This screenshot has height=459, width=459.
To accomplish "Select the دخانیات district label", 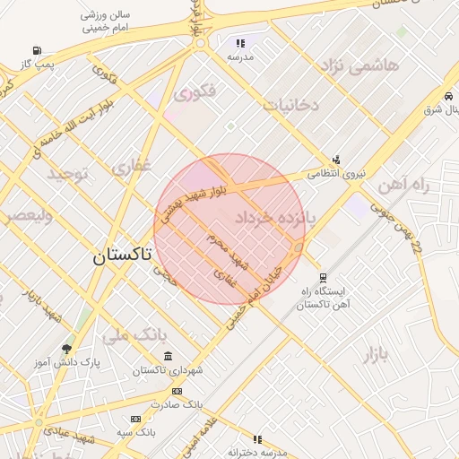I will pyautogui.click(x=290, y=105).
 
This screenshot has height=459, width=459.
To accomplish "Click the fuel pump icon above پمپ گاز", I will pyautogui.click(x=36, y=50).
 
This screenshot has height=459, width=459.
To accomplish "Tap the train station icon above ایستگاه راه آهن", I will pyautogui.click(x=323, y=278).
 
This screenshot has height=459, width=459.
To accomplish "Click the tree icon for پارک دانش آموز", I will pyautogui.click(x=67, y=348).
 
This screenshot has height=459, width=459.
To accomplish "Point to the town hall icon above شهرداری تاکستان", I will pyautogui.click(x=169, y=357).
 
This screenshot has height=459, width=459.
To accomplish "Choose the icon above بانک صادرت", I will pyautogui.click(x=177, y=391).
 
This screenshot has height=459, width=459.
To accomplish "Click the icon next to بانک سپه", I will pyautogui.click(x=135, y=419).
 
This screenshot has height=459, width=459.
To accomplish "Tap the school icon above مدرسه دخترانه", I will pyautogui.click(x=257, y=439).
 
